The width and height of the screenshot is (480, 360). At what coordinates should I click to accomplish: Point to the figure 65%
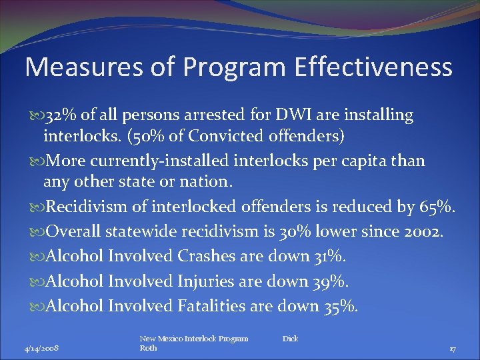click(436, 207)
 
